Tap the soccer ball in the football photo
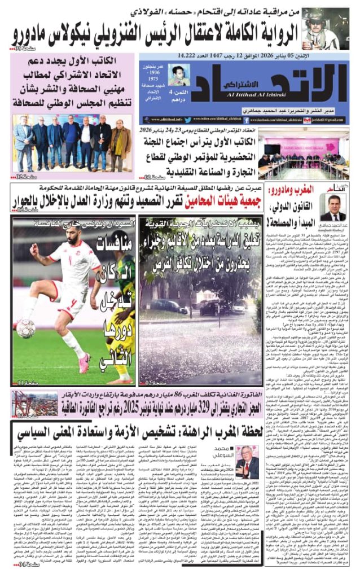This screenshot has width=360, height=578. pyautogui.click(x=25, y=328)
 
